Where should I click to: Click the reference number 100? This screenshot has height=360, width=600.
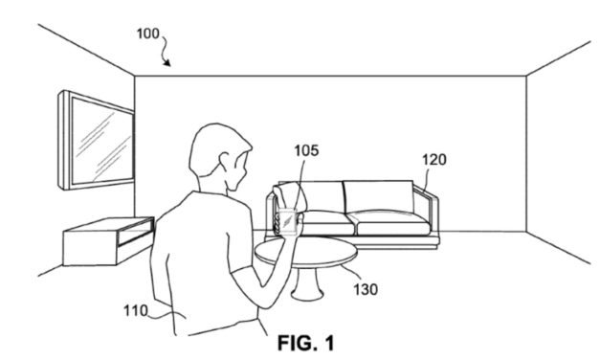[x=147, y=34]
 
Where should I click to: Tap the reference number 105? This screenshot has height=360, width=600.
[x=307, y=150]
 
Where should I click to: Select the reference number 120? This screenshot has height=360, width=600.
[x=433, y=160]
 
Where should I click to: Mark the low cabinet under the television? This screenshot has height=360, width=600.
[x=105, y=238]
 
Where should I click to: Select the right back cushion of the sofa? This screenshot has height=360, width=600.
[x=382, y=196]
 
